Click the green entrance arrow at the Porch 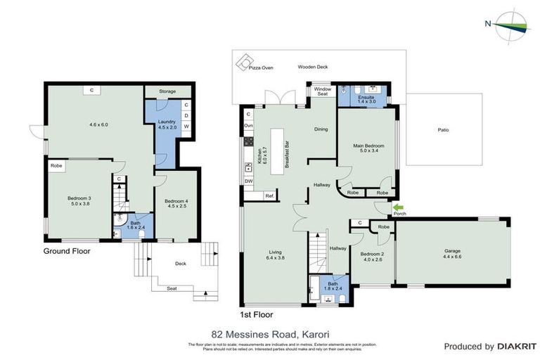(399, 207)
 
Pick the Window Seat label (322, 92)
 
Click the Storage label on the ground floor (167, 91)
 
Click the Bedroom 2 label (371, 257)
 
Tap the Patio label (443, 130)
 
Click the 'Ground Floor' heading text (67, 250)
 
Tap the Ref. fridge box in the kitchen (269, 196)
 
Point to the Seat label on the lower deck (172, 288)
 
